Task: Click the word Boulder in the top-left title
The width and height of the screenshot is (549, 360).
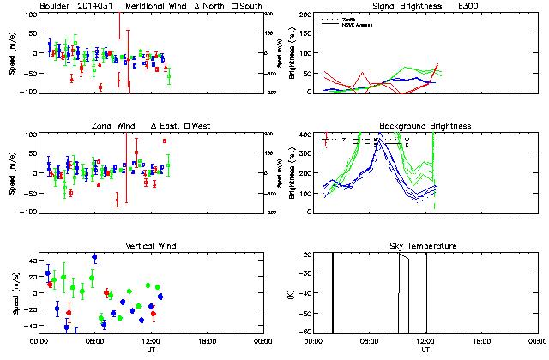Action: click(55, 6)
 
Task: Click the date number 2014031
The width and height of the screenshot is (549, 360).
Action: click(101, 6)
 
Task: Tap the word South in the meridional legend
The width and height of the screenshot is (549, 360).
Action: click(246, 6)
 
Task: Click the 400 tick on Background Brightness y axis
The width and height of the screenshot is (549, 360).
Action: click(305, 135)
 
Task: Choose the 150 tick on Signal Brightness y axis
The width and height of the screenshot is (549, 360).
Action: click(305, 15)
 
